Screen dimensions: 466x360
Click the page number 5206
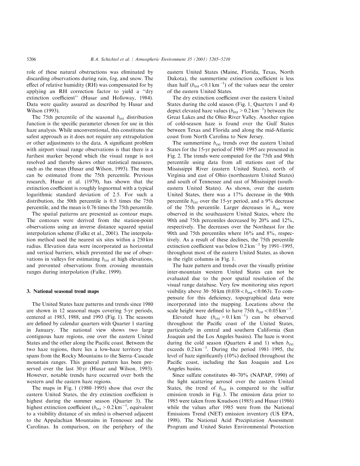pos(31,59)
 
